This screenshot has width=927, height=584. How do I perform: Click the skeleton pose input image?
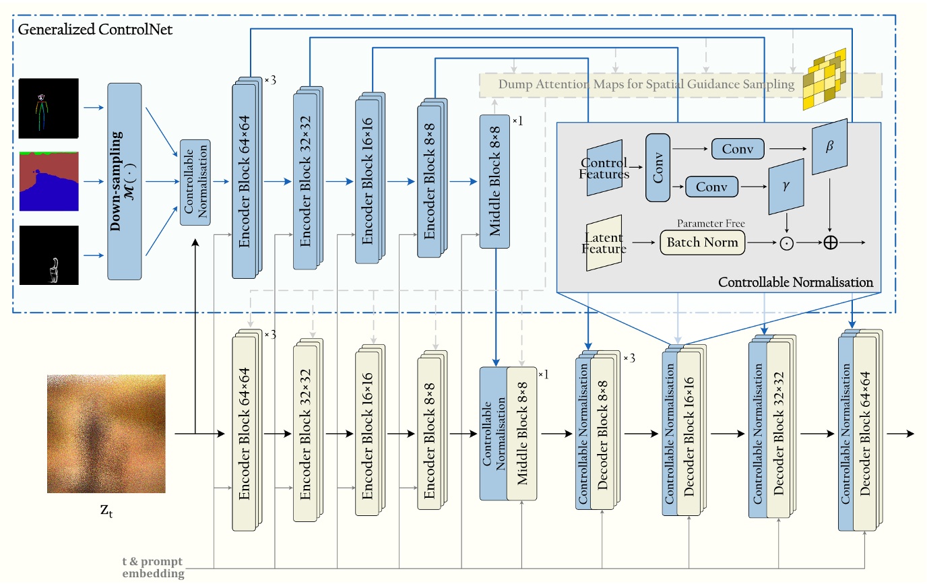(x=49, y=108)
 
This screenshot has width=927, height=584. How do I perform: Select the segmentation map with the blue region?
(x=49, y=181)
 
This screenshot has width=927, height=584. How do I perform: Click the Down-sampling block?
(x=125, y=181)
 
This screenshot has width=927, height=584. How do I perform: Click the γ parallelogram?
(x=786, y=185)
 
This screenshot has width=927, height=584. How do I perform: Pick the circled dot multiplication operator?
(x=786, y=242)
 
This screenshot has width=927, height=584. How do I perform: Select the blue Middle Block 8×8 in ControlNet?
(x=495, y=181)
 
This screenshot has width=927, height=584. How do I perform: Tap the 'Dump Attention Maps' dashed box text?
(x=647, y=85)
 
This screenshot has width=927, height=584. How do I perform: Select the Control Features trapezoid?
(x=604, y=168)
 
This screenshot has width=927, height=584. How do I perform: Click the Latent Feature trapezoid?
(x=604, y=242)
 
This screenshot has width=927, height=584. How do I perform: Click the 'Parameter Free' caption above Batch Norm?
(x=703, y=223)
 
